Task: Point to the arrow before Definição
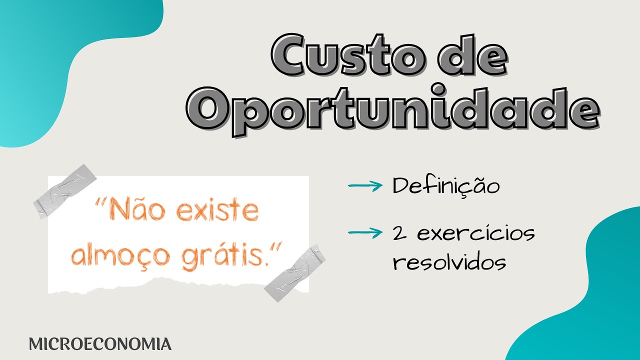(x=364, y=186)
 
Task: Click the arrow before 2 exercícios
(x=364, y=231)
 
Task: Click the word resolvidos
(x=449, y=262)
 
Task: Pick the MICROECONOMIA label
(x=100, y=344)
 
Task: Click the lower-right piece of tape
(x=294, y=272)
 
